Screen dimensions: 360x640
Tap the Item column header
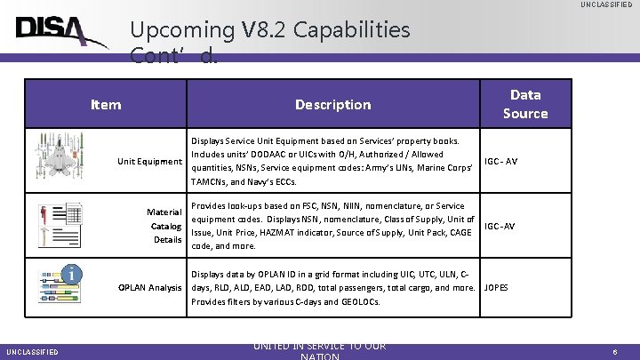tap(106, 105)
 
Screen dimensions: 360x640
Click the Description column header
tap(332, 105)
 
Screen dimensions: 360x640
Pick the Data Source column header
tap(525, 104)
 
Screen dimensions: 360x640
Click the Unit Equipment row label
tap(149, 161)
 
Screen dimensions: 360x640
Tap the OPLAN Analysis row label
tap(149, 287)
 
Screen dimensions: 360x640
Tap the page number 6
tap(615, 352)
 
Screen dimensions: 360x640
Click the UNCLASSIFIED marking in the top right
tap(606, 5)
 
